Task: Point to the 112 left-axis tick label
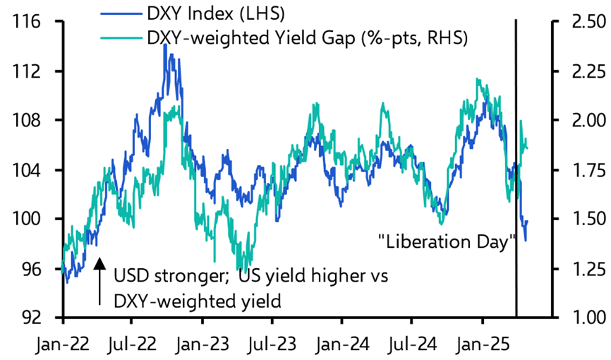pyautogui.click(x=30, y=71)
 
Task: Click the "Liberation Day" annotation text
pyautogui.click(x=445, y=242)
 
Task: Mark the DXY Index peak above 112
pyautogui.click(x=164, y=45)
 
